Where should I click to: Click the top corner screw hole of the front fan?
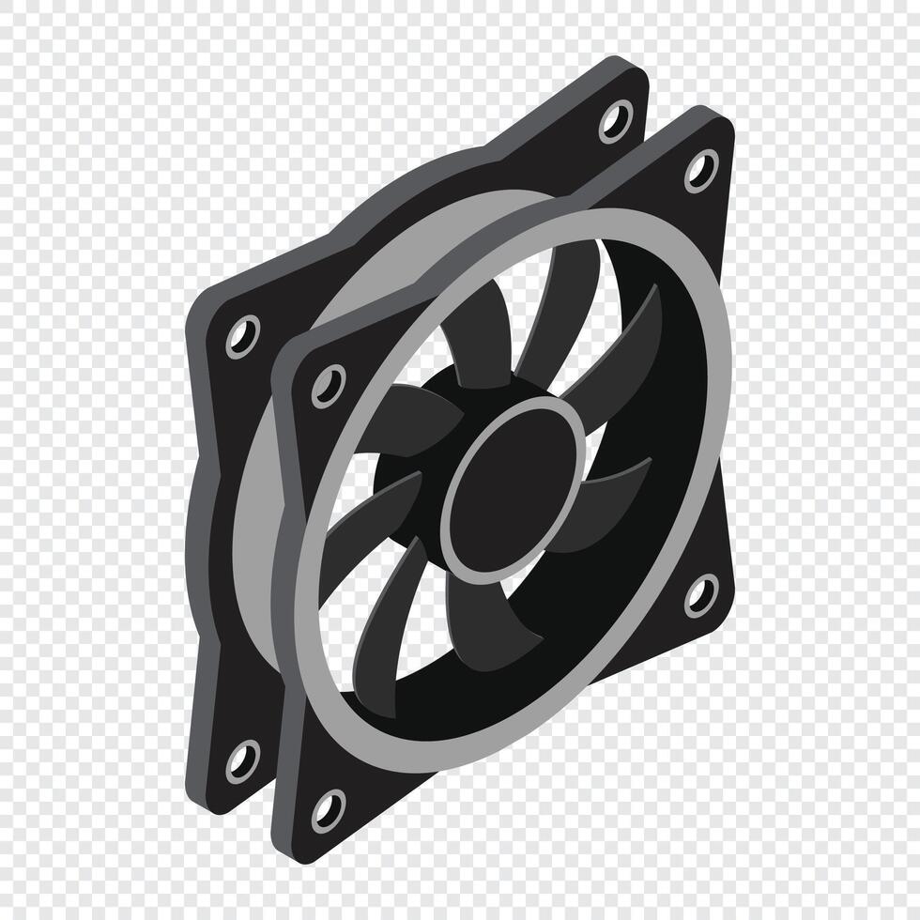[700, 170]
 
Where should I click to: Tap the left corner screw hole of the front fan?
[328, 385]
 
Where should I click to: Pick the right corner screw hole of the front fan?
[700, 594]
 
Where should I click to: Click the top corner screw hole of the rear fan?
[615, 121]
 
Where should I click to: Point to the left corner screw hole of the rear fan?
[242, 335]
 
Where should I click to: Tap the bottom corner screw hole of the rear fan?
[243, 758]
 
